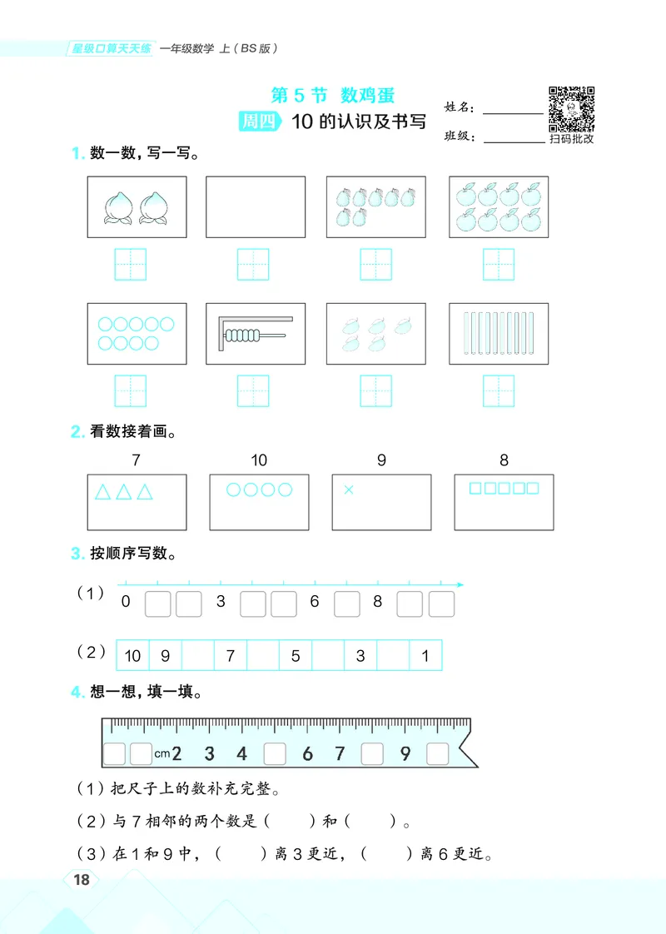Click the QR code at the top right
pos(571,108)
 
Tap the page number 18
pos(82,881)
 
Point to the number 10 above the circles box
pos(259,460)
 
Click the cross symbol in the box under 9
pos(349,490)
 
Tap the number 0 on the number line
pos(126,602)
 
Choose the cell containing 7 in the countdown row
pos(231,656)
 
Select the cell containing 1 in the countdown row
pos(425,656)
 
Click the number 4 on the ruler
pos(241,754)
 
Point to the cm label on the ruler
pos(162,754)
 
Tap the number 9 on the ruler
pos(405,754)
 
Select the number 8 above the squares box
pos(504,460)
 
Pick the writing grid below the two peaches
pos(130,265)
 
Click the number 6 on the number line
pos(315,602)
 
